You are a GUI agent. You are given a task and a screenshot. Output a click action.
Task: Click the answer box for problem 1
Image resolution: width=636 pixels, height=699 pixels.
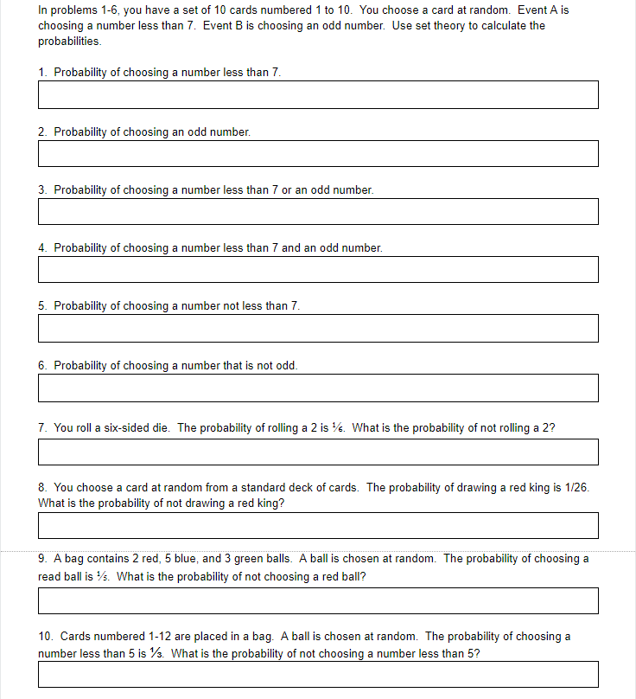point(318,95)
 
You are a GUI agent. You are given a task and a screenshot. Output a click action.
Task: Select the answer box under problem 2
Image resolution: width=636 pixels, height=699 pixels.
point(318,153)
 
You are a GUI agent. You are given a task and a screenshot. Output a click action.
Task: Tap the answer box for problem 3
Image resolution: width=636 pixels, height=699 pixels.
point(318,211)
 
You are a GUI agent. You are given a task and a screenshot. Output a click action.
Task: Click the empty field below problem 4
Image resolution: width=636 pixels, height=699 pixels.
point(318,269)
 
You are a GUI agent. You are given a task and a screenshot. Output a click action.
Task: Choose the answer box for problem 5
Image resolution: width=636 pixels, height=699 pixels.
point(318,328)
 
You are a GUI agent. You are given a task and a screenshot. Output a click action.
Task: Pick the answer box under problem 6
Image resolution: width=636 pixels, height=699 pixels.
point(318,388)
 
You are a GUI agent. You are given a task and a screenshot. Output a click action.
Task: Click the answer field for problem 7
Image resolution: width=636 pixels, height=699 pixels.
point(318,452)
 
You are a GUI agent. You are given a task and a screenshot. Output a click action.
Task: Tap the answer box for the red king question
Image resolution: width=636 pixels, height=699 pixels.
point(318,525)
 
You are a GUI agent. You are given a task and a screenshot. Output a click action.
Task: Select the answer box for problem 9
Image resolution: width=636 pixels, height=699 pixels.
point(318,600)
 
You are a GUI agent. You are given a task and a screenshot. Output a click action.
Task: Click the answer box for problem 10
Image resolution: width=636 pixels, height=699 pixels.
point(318,675)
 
